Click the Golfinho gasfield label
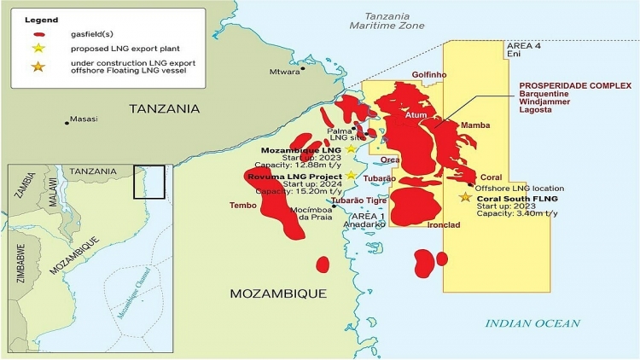click(429, 75)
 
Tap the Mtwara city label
click(284, 73)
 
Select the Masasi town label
click(84, 119)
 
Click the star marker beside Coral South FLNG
click(465, 197)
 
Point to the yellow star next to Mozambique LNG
click(351, 149)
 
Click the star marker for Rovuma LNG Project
click(351, 176)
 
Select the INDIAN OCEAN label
click(532, 323)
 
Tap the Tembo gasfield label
click(243, 206)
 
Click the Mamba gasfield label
click(475, 125)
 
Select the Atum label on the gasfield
click(416, 114)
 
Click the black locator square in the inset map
click(148, 182)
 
